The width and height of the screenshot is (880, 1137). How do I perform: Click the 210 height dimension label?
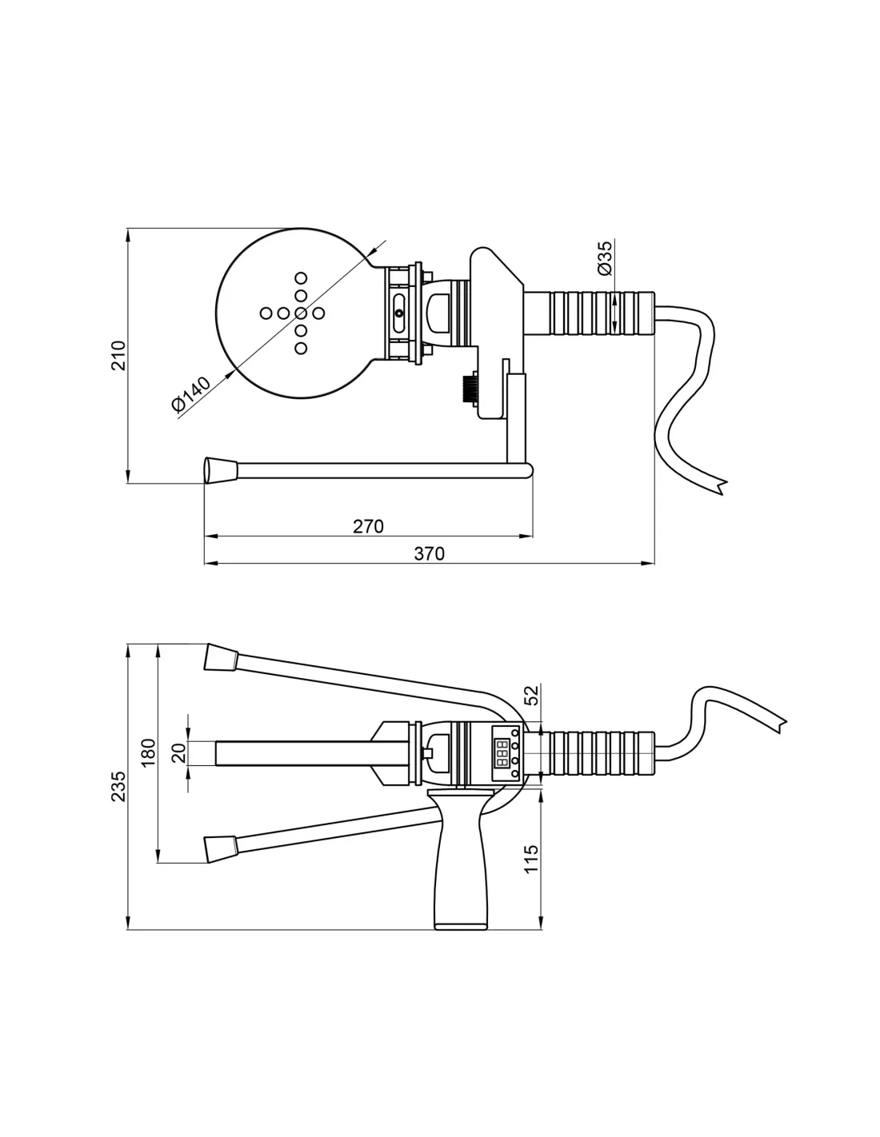[118, 355]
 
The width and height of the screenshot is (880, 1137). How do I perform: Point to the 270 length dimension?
[368, 526]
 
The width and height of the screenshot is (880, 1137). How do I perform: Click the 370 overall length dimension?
[429, 553]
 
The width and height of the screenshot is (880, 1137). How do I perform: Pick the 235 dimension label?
[118, 786]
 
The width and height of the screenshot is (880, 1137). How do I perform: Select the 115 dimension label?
[531, 860]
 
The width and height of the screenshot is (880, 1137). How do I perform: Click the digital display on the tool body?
[502, 753]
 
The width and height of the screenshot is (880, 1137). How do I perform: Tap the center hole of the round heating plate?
[301, 313]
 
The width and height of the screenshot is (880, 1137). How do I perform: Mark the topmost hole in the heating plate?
[301, 278]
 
